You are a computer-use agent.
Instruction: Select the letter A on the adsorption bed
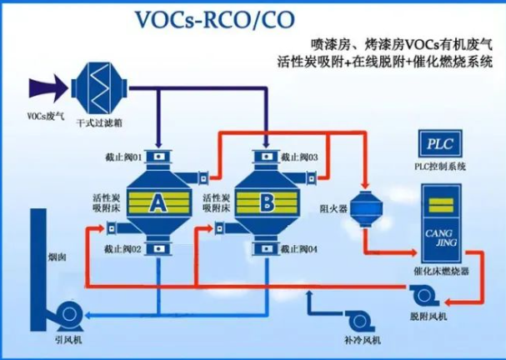tap(157, 201)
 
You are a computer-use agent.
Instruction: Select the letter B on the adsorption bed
tap(267, 201)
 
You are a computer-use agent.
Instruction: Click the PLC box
tap(443, 142)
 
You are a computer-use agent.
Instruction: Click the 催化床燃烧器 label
tap(441, 272)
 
